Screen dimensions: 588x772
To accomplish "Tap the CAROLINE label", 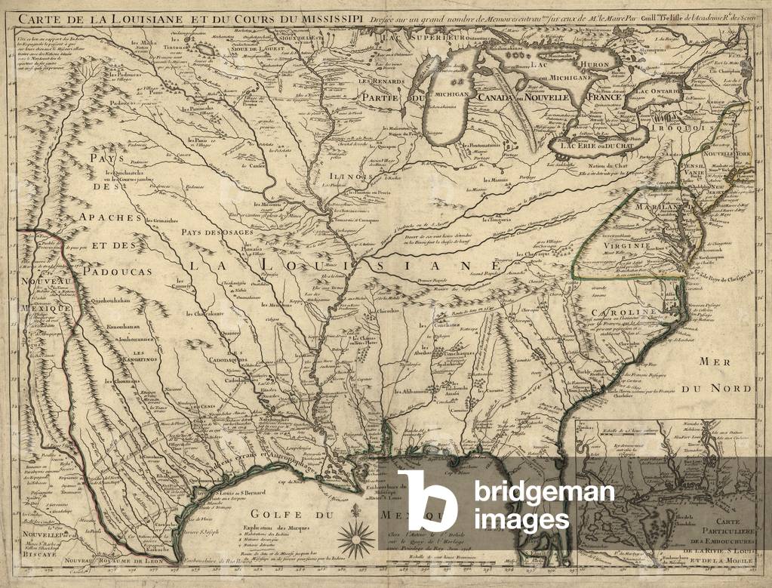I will [x=638, y=312].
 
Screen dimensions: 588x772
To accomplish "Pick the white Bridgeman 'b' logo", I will [x=427, y=500].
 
